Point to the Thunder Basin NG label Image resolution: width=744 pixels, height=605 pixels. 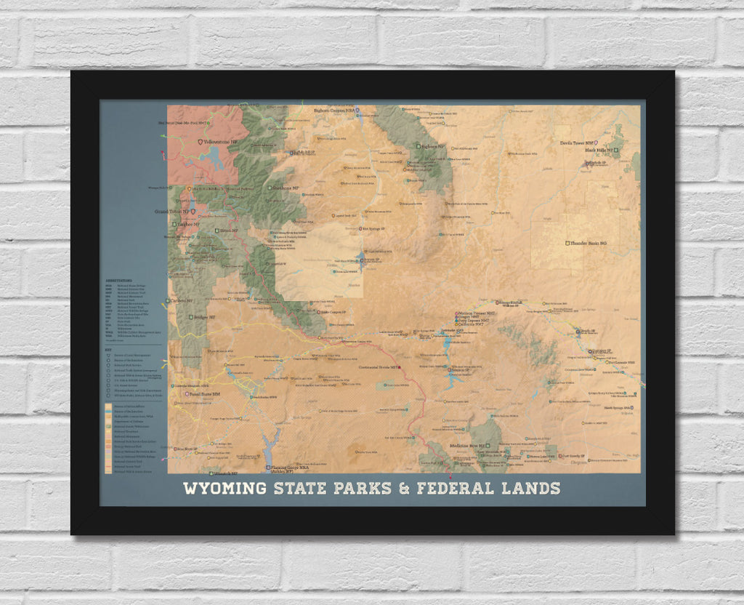click(x=588, y=242)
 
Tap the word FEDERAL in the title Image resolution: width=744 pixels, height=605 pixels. click(x=458, y=488)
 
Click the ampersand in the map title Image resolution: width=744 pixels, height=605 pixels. click(x=405, y=488)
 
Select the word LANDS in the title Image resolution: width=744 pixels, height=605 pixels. click(x=530, y=488)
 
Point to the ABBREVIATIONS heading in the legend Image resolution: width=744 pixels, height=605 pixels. click(x=119, y=279)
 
